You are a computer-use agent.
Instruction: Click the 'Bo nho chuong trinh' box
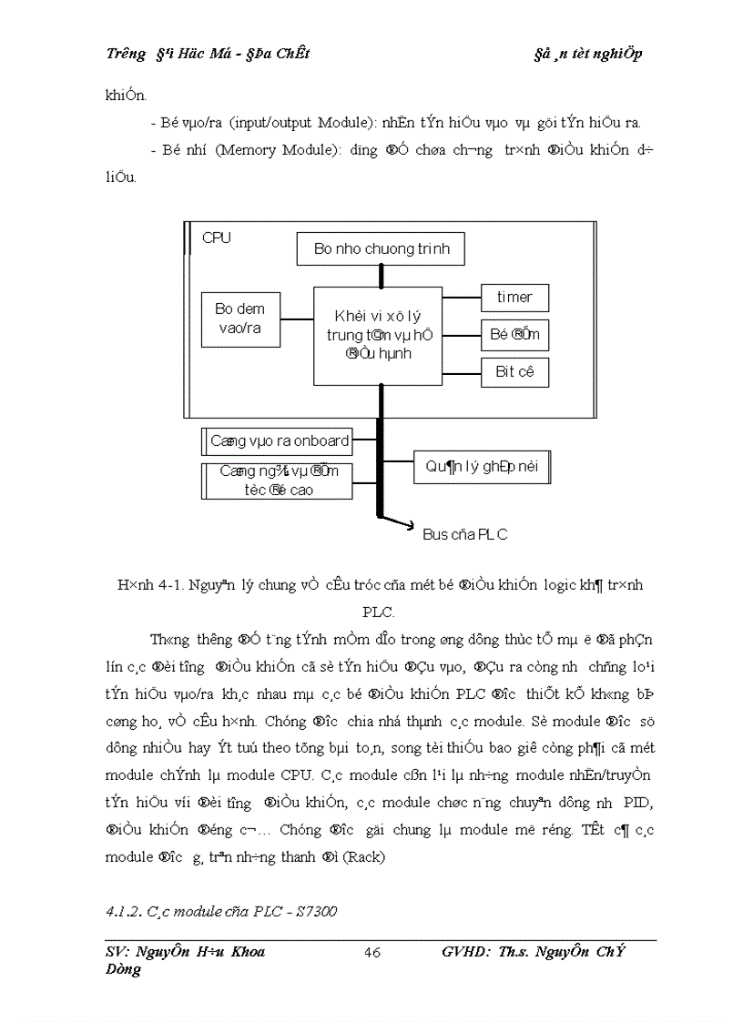coord(382,248)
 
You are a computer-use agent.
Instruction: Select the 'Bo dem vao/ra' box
coord(240,319)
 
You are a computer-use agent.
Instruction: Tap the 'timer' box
coord(514,298)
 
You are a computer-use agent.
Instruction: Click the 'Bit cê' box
coord(514,371)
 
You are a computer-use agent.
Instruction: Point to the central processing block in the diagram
coord(377,335)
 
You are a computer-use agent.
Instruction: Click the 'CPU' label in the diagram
coord(217,238)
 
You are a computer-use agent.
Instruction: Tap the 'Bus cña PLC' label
coord(464,534)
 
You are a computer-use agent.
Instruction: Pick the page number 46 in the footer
coord(371,953)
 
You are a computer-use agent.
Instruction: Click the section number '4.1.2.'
coord(124,911)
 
